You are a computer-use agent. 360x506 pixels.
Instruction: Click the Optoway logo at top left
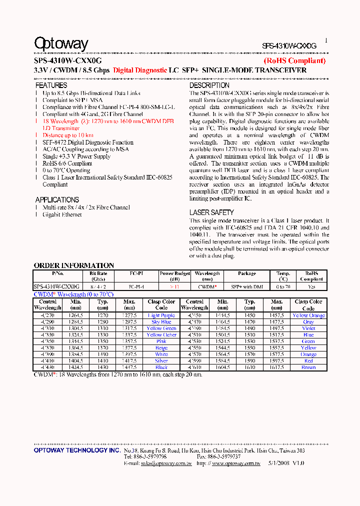(x=61, y=43)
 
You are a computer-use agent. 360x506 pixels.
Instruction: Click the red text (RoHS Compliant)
(x=294, y=61)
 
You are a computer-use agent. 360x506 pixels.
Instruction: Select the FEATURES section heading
(x=51, y=85)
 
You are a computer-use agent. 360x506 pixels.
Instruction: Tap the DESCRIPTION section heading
(x=209, y=85)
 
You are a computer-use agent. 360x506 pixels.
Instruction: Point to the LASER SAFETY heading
(x=211, y=212)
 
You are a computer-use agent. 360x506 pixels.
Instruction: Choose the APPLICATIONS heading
(x=57, y=199)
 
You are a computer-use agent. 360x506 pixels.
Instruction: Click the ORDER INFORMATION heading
(x=74, y=265)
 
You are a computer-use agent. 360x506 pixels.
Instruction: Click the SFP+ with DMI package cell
(x=247, y=287)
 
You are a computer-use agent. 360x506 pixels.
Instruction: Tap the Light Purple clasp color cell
(x=161, y=315)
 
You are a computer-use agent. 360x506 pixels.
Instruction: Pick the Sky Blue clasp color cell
(x=161, y=322)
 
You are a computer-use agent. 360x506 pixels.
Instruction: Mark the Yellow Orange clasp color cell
(x=308, y=315)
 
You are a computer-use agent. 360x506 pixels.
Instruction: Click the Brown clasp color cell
(x=308, y=367)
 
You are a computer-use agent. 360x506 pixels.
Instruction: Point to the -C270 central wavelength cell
(x=47, y=315)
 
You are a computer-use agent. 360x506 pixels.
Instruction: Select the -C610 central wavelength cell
(x=194, y=367)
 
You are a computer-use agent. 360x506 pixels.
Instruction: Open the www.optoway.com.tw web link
(x=236, y=463)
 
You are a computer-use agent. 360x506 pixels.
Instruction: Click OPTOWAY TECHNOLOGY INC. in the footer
(x=77, y=450)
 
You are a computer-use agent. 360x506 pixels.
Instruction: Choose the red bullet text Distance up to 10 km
(x=67, y=135)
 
